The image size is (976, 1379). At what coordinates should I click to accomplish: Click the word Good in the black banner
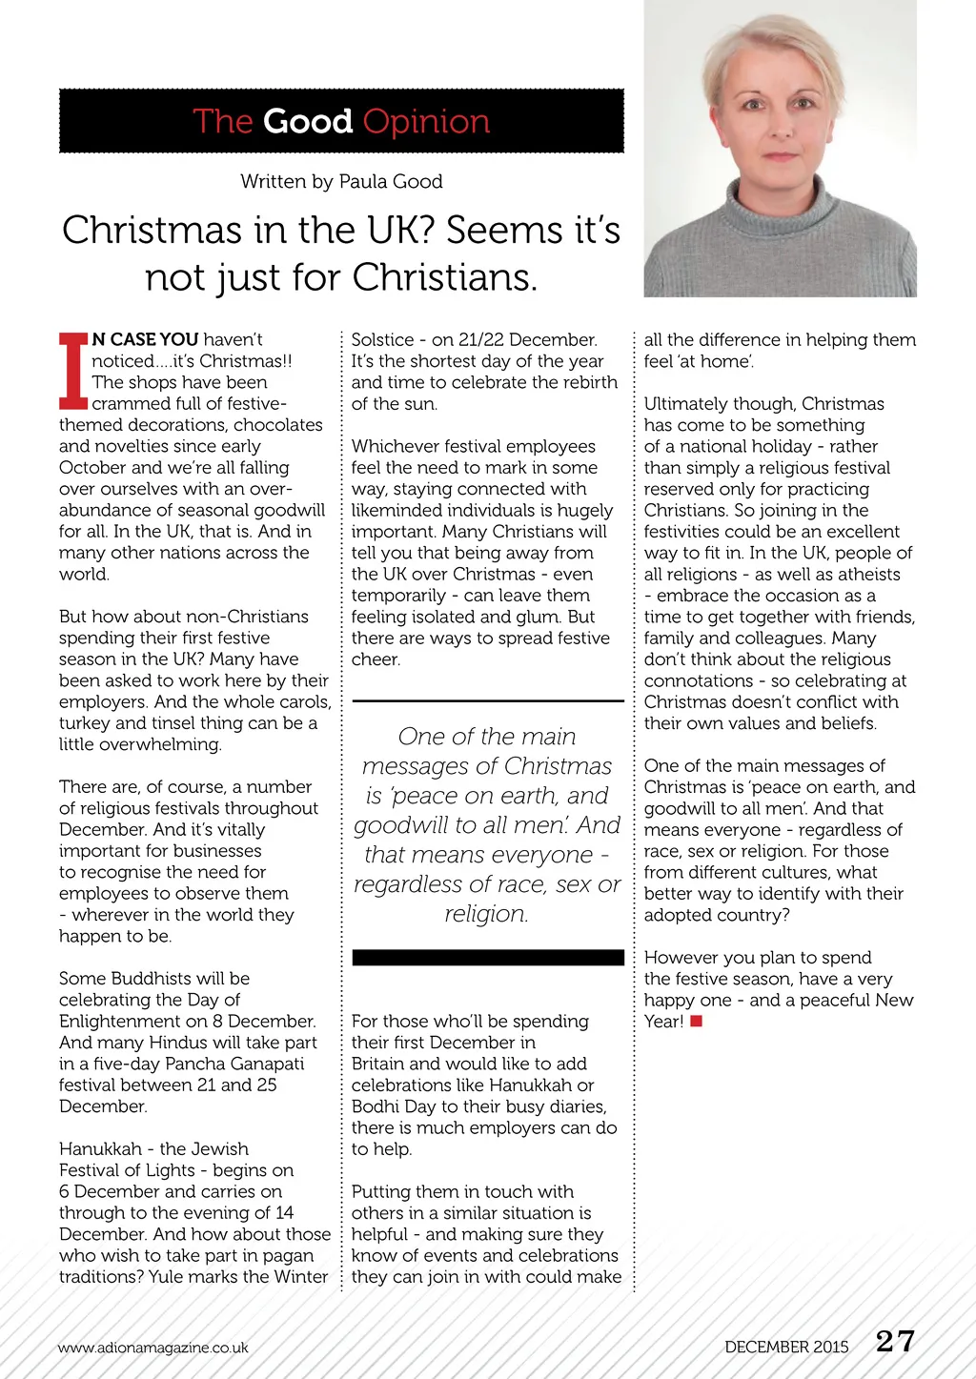308,122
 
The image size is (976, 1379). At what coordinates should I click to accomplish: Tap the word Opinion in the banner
426,122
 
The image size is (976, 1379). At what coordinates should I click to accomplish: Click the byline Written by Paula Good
341,181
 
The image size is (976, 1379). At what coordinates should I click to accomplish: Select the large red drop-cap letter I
73,371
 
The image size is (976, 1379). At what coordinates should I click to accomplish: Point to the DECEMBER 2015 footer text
786,1347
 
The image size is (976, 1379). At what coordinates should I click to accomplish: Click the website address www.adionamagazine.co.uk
152,1348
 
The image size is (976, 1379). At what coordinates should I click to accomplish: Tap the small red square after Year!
697,1022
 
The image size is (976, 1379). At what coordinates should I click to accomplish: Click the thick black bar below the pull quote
487,958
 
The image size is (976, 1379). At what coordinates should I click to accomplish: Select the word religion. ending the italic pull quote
486,914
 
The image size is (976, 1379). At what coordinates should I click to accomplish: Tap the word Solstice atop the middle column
382,340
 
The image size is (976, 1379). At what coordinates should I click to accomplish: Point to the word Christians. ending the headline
444,277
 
